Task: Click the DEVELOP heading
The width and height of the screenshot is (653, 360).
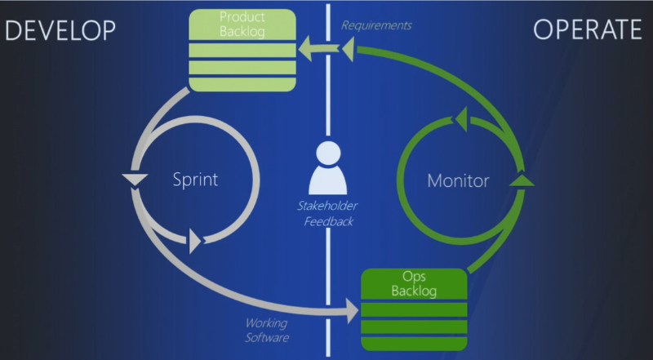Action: coord(60,30)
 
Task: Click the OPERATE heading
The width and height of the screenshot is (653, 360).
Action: coord(588,30)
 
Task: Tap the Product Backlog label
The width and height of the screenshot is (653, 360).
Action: coord(242,24)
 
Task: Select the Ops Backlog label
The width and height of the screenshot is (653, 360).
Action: coord(414,283)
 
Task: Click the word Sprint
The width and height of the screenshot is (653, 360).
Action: coord(195,180)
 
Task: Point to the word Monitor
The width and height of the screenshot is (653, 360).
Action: coord(458,180)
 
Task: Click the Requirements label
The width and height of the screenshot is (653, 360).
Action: coord(376,25)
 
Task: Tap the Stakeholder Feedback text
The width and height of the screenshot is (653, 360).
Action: coord(328,213)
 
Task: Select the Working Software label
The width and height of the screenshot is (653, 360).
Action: coord(267,330)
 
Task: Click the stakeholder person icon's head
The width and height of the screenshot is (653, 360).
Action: coord(328,153)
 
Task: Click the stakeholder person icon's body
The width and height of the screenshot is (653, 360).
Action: coord(328,180)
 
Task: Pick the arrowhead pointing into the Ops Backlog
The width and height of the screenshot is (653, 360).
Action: coord(353,310)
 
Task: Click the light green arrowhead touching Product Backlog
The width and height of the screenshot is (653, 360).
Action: coord(304,48)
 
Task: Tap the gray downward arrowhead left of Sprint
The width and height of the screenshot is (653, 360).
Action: coord(135,179)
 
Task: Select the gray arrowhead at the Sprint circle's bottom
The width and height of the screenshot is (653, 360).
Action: coord(195,241)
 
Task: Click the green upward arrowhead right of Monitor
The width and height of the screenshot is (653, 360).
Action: coord(522,180)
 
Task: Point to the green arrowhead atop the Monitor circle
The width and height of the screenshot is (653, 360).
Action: coord(461,119)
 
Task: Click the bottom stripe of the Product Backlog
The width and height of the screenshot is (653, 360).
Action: coord(242,84)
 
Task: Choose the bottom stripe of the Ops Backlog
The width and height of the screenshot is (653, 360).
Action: coord(414,344)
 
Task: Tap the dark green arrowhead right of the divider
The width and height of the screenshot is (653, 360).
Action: coord(349,49)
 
